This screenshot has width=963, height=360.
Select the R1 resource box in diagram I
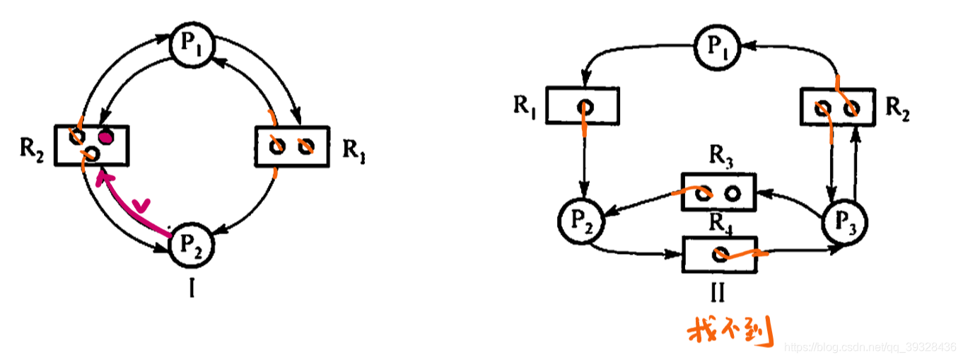point(291,146)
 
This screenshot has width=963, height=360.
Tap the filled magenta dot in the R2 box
point(105,137)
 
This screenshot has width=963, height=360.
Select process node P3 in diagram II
point(846,225)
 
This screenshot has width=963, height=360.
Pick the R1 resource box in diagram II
point(583,105)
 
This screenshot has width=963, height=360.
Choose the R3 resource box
point(718,192)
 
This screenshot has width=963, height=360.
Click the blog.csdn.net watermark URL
point(870,347)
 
